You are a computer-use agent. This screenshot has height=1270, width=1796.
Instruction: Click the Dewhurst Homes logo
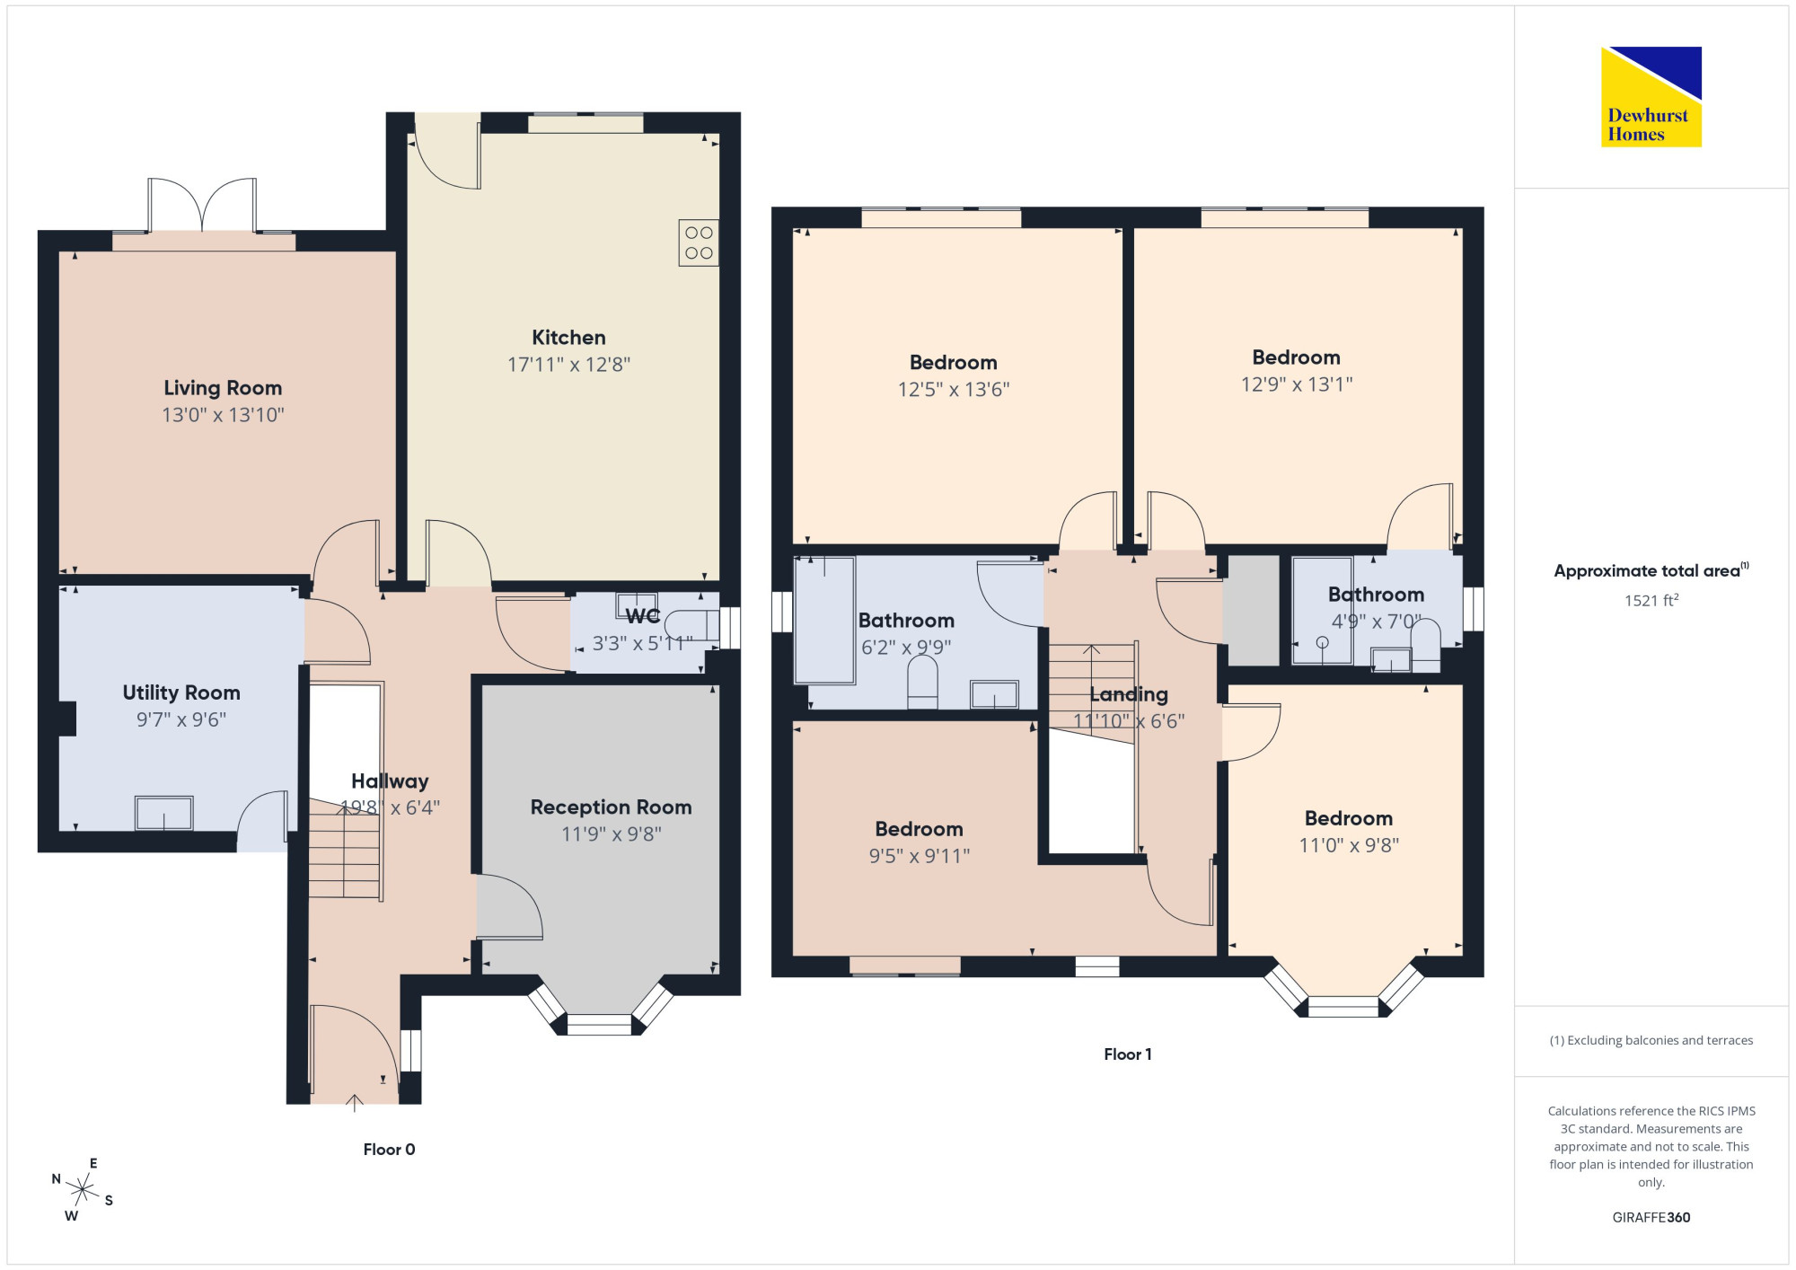click(1651, 96)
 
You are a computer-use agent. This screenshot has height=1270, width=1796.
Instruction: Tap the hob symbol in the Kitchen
click(699, 243)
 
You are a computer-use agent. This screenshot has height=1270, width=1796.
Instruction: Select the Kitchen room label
click(568, 338)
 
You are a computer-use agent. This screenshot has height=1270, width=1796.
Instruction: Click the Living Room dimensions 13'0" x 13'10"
click(223, 415)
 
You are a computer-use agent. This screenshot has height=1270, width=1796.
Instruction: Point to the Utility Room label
click(181, 692)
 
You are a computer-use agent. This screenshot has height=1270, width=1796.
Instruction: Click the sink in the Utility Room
click(163, 813)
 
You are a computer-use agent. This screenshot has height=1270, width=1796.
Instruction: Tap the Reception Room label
click(611, 807)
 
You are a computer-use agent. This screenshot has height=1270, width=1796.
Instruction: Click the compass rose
click(83, 1190)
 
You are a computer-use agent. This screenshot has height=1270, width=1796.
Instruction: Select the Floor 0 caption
click(389, 1150)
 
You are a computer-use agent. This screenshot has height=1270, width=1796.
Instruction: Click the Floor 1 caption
click(1128, 1054)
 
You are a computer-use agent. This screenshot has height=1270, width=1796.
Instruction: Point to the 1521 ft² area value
click(1651, 600)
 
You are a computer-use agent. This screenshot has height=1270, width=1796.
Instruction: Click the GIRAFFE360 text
click(1651, 1218)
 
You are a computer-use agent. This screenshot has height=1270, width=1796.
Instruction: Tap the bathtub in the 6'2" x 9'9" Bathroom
click(825, 621)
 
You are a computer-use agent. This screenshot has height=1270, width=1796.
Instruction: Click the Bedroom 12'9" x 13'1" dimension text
click(1297, 384)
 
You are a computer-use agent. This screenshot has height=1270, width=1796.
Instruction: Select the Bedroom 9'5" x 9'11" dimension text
click(920, 856)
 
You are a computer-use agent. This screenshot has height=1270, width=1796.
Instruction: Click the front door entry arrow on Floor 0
click(355, 1103)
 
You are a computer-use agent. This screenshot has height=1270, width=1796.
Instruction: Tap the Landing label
click(1129, 694)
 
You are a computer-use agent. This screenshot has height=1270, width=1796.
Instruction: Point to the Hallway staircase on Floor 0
click(344, 850)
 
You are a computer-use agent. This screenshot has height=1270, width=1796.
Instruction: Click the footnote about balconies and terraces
click(1651, 1040)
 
